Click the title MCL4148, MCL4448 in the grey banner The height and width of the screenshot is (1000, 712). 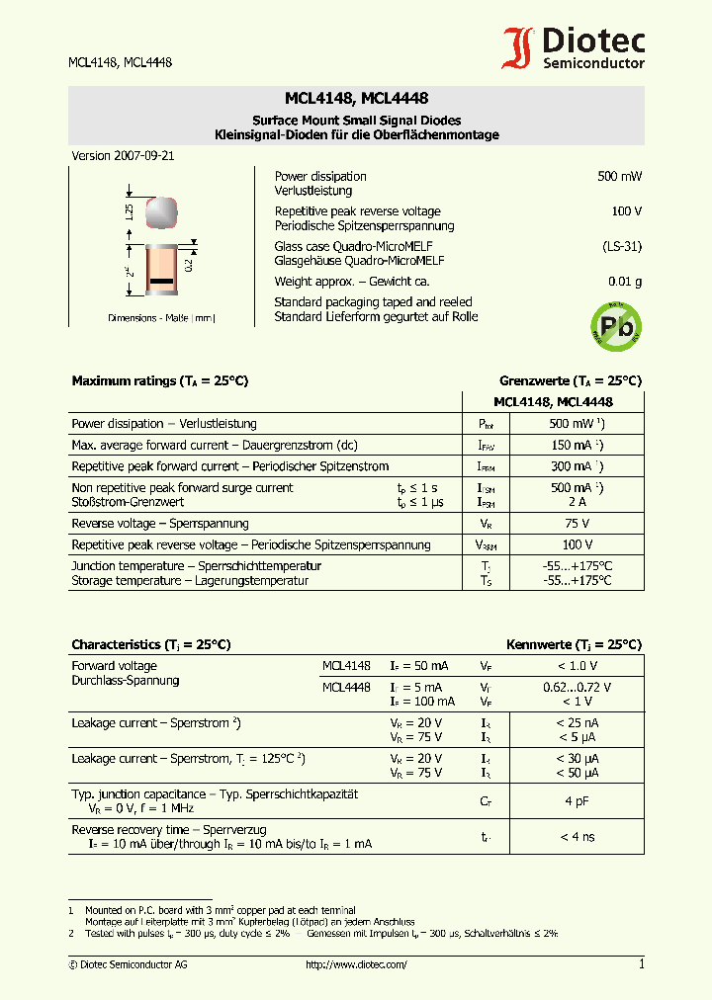point(356,99)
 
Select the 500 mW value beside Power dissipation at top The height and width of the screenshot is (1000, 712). point(619,176)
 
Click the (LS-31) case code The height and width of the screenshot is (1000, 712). point(622,246)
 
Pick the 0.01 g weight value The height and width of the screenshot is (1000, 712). point(624,282)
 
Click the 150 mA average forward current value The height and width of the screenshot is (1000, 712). point(574,445)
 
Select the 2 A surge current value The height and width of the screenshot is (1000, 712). point(574,502)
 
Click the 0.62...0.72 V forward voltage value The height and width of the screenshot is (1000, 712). point(577,687)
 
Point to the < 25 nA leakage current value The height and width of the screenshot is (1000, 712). point(577,723)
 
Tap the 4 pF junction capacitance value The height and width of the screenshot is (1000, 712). point(577,801)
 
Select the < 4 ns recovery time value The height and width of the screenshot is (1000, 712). point(577,837)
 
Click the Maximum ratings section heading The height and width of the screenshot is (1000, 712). point(159,380)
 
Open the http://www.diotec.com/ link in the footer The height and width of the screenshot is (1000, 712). point(356,964)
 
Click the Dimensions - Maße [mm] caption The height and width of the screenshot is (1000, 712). point(161,318)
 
